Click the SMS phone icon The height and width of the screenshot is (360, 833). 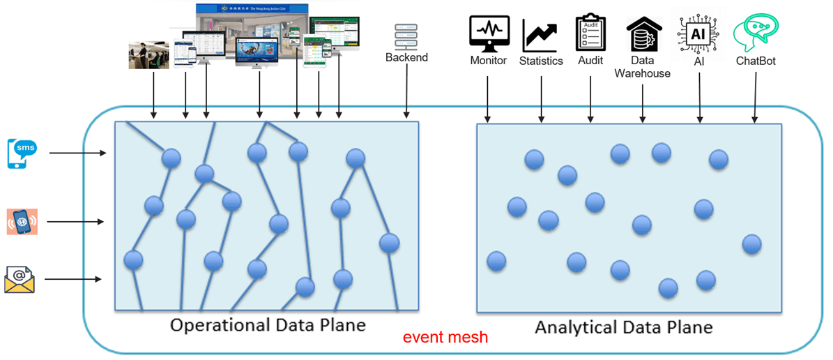(22, 153)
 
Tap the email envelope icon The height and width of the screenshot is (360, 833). (20, 279)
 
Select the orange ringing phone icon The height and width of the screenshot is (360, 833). (22, 222)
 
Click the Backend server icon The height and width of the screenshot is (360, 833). (406, 35)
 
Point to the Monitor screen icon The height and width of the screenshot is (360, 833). (489, 32)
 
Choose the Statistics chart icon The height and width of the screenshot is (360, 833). (541, 33)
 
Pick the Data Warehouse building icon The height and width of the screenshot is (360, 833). (642, 32)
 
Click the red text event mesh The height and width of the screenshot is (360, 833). (445, 338)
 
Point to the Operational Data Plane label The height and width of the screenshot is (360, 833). (268, 325)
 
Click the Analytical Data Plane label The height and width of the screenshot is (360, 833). (623, 327)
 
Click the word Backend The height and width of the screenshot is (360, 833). (406, 57)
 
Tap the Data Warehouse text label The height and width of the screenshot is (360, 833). (642, 66)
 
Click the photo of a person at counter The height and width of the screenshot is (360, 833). (149, 55)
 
